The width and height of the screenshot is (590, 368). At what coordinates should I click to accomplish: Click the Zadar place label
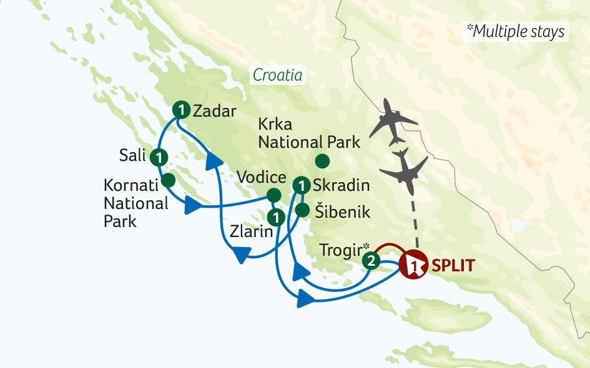pyautogui.click(x=215, y=112)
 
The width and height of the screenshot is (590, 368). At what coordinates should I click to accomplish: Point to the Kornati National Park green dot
pyautogui.click(x=167, y=181)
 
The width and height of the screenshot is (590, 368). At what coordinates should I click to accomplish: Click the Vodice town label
pyautogui.click(x=262, y=178)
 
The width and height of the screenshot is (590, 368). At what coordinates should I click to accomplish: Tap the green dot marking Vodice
pyautogui.click(x=273, y=195)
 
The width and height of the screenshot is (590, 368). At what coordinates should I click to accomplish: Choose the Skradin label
pyautogui.click(x=342, y=185)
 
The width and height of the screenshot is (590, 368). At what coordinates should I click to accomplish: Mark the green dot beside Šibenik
pyautogui.click(x=302, y=210)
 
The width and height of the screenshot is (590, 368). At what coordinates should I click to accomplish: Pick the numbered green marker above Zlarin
pyautogui.click(x=275, y=218)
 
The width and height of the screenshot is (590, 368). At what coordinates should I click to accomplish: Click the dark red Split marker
pyautogui.click(x=413, y=265)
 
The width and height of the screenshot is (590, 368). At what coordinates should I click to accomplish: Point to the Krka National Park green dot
pyautogui.click(x=322, y=162)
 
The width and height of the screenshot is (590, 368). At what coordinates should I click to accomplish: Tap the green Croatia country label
pyautogui.click(x=277, y=75)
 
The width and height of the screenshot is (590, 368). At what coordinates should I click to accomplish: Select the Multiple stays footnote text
pyautogui.click(x=515, y=31)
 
